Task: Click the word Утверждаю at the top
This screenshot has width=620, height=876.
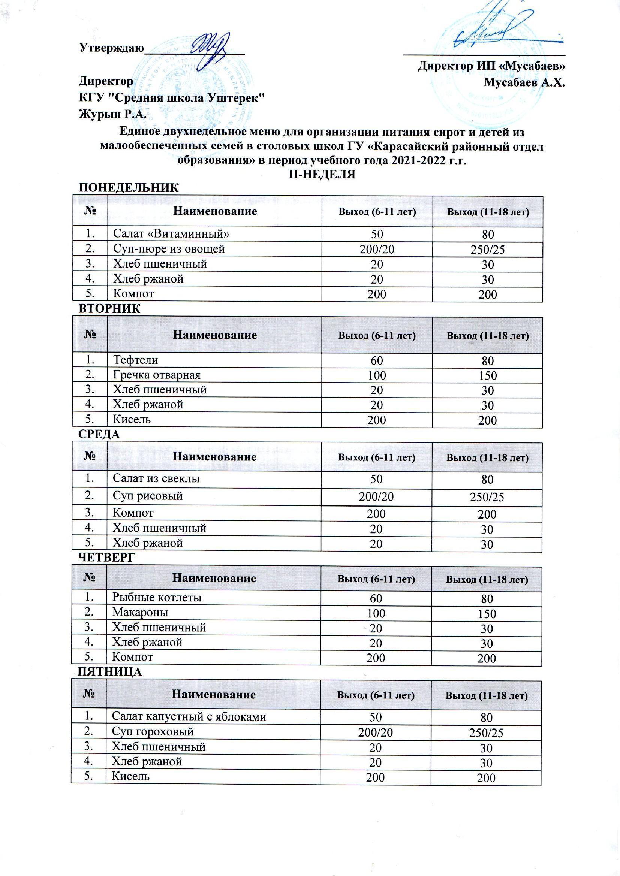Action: click(x=111, y=48)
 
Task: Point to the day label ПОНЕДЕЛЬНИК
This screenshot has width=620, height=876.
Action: click(x=128, y=188)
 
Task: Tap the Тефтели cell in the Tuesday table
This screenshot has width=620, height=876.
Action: click(x=135, y=360)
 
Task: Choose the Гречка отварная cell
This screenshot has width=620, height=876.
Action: click(x=157, y=375)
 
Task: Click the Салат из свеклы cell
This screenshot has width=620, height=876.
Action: click(x=156, y=478)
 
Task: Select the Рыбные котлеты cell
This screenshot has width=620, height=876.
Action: click(x=157, y=597)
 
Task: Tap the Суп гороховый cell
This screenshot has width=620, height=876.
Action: click(x=152, y=731)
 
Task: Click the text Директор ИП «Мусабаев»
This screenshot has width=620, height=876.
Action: click(x=491, y=66)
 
